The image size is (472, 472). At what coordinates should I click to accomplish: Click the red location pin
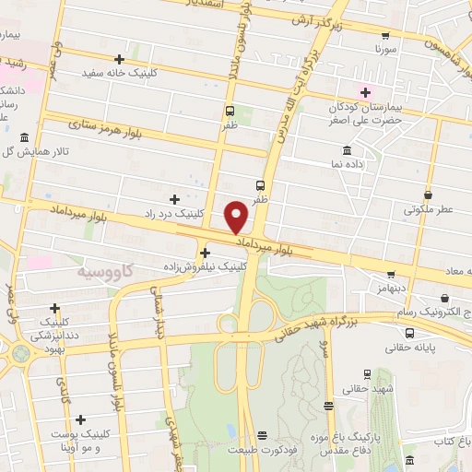[237, 216]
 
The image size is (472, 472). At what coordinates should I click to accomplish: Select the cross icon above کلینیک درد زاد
[175, 198]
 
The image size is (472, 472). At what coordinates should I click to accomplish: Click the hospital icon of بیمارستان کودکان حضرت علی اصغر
[365, 91]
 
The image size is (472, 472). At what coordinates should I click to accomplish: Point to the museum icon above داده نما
[347, 150]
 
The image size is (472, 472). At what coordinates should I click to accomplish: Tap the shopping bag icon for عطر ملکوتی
[429, 195]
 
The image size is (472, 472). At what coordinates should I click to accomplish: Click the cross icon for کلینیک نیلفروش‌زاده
[204, 253]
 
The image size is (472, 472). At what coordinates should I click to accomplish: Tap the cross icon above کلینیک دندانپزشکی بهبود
[55, 309]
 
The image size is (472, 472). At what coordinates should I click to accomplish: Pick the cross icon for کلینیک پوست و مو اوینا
[81, 419]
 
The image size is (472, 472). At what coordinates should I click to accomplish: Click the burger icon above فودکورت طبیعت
[263, 435]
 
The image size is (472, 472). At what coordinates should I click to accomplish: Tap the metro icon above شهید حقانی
[368, 374]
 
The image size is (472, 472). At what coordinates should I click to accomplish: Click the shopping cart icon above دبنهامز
[391, 274]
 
